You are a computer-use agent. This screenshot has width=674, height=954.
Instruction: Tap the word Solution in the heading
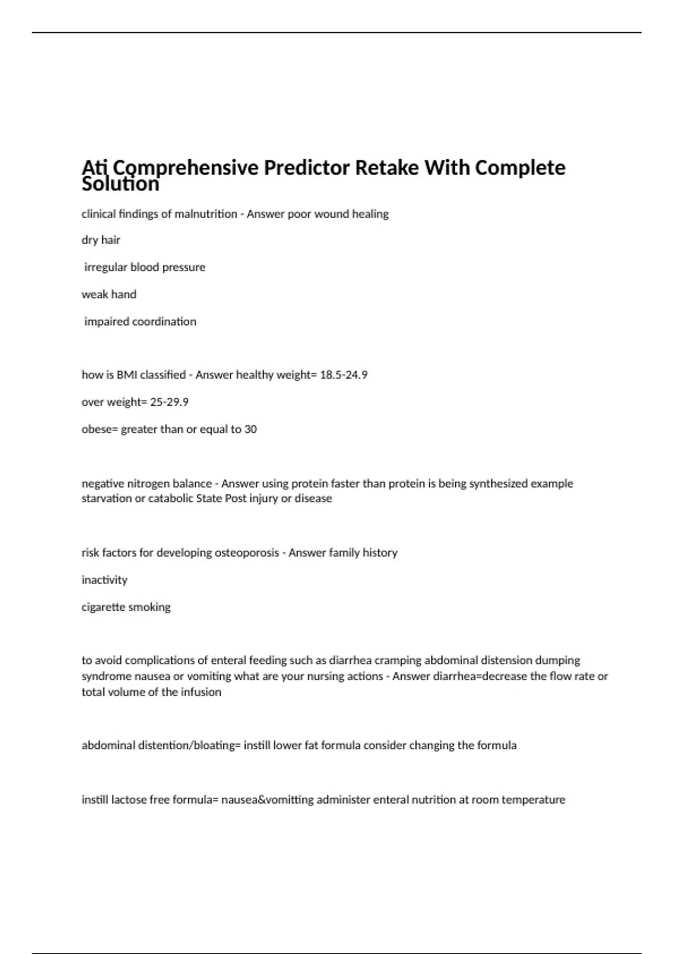coord(120,184)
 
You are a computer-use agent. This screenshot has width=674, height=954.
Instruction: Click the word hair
coord(111,240)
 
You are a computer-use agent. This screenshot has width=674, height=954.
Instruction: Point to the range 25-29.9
coord(169,402)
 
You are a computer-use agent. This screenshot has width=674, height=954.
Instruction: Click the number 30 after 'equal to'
coord(251,429)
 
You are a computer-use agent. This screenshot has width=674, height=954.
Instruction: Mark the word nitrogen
coord(148,484)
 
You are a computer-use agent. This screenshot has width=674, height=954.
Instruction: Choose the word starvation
coord(106,499)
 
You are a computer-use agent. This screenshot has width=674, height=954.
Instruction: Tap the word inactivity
coord(104,580)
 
